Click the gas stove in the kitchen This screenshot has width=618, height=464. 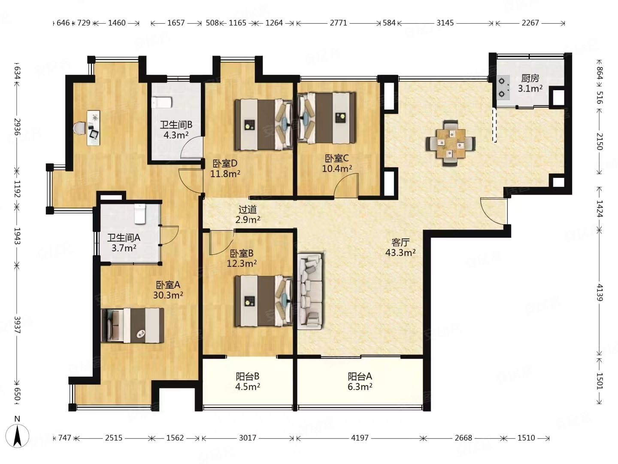502,88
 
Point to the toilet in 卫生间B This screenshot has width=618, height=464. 162,103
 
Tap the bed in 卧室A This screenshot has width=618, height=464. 132,326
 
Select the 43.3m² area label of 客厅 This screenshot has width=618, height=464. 400,253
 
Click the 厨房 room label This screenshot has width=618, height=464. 530,78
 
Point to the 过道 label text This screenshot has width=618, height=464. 248,210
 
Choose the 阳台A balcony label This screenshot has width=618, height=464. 360,376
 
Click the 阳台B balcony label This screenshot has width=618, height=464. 248,376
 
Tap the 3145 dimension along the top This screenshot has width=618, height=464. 445,23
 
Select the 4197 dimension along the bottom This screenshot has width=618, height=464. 360,438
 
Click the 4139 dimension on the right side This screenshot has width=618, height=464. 600,293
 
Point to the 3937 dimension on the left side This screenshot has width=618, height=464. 18,325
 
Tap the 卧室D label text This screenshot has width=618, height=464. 225,163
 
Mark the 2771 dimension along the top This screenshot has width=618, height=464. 339,23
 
